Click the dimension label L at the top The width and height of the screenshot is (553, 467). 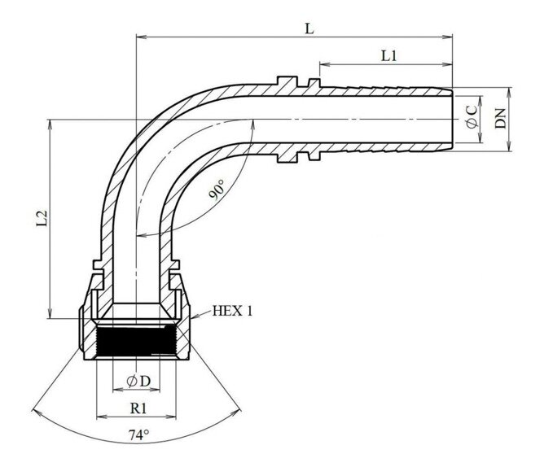tap(309, 28)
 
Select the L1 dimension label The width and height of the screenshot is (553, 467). tap(388, 55)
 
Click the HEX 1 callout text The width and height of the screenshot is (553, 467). tap(233, 311)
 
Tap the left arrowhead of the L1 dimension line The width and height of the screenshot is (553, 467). tap(323, 63)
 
